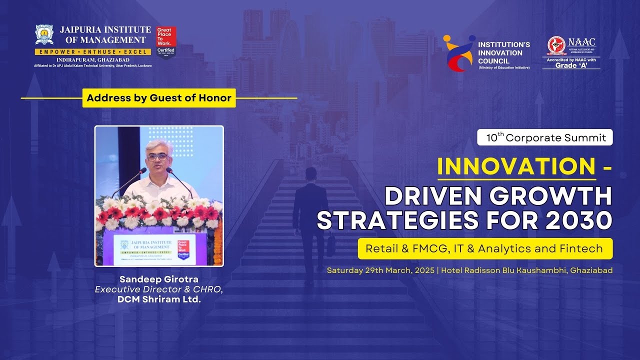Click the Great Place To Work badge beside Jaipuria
coord(166,42)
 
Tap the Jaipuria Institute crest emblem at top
coord(44,34)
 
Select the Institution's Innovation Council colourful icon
coord(458,53)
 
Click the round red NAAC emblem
coord(556,45)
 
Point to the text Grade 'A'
coord(571,65)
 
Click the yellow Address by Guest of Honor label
coord(159,98)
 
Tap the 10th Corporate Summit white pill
coord(545,137)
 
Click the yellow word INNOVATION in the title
coord(516,167)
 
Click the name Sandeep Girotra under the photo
coord(159,279)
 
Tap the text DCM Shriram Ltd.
coord(159,299)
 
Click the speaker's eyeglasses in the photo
coord(157,156)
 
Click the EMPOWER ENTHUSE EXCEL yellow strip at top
coord(93,52)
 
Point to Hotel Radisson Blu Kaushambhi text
coord(505,270)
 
